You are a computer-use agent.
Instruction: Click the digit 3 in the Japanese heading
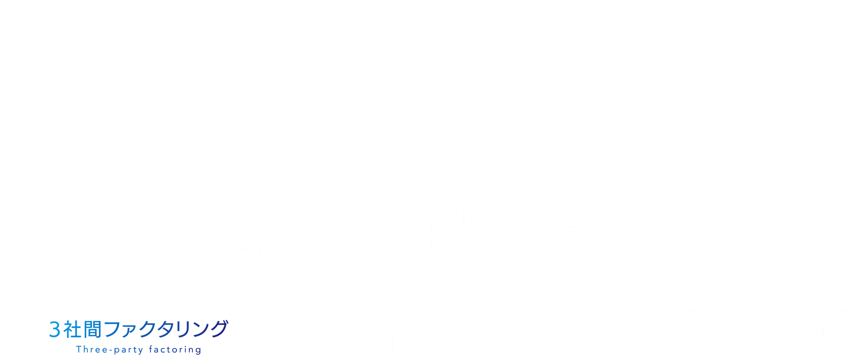coord(54,329)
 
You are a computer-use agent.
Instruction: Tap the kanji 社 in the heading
coord(72,329)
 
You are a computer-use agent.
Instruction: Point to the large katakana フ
coord(112,329)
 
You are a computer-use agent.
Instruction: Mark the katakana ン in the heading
coord(201,329)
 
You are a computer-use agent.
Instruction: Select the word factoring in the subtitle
coord(175,350)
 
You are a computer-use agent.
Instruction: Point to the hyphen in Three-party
coord(110,350)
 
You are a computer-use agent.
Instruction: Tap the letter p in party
coord(117,351)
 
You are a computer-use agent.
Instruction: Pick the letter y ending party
coord(141,351)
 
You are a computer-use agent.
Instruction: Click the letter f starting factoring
coord(151,349)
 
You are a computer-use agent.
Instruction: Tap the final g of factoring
coord(198,351)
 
